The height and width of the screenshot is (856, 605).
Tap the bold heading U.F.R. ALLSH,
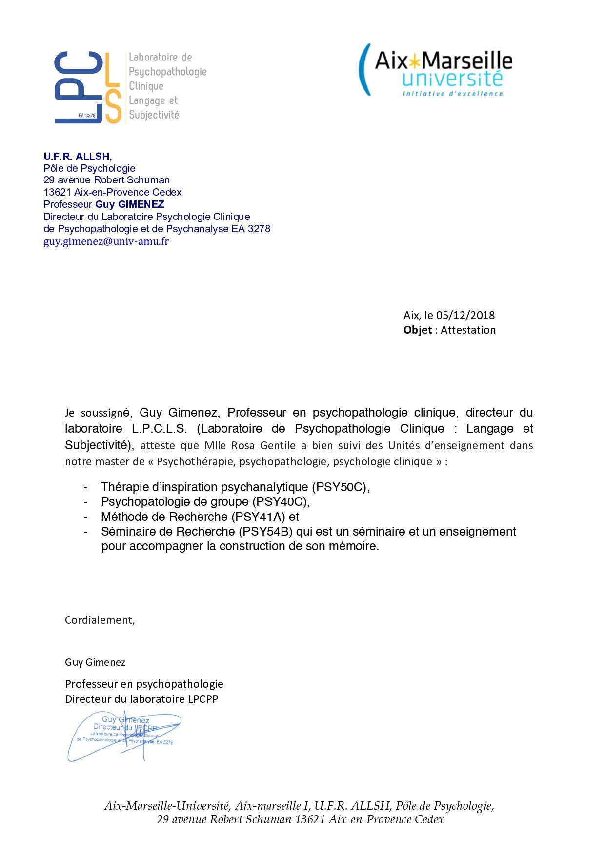click(78, 157)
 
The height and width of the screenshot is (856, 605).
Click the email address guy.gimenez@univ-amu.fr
click(106, 241)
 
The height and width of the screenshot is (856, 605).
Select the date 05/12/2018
click(465, 316)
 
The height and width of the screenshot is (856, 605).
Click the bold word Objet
click(417, 330)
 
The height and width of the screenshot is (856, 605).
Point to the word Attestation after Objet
click(468, 330)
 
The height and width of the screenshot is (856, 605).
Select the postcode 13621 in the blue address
click(57, 192)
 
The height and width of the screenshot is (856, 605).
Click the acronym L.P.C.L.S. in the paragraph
click(159, 429)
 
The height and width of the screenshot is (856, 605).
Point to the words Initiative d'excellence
click(452, 94)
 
